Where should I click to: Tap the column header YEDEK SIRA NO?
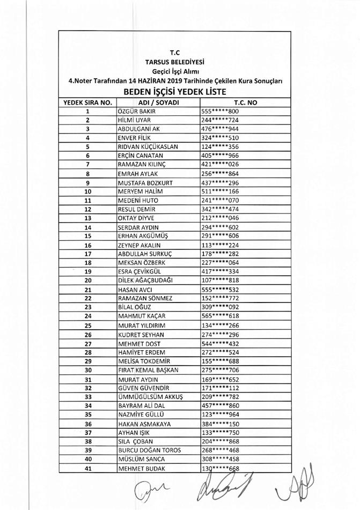point(87,102)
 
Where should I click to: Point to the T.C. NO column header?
point(246,102)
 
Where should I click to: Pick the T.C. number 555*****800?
point(218,111)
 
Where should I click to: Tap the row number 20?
point(87,280)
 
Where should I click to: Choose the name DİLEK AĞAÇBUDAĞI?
point(145,280)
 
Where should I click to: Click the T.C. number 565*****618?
point(218,316)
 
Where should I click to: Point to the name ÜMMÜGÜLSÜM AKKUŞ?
point(150,397)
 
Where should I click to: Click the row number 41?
point(87,469)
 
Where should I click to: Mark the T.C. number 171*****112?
point(218,388)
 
